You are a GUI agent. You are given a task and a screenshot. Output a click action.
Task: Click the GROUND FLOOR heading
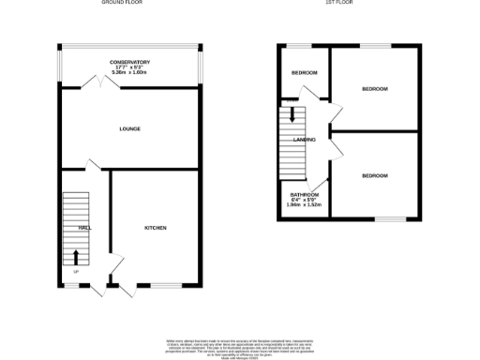[128, 4]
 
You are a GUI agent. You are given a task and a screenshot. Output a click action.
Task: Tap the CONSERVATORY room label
[129, 62]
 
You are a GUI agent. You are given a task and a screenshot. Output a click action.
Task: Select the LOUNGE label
[129, 128]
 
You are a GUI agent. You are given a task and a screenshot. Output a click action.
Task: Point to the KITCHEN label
[156, 228]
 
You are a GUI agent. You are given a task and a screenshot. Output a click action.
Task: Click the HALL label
[84, 228]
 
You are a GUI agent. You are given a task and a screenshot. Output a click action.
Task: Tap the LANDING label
[304, 140]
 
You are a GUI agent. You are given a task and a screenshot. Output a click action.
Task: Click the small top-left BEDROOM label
[304, 73]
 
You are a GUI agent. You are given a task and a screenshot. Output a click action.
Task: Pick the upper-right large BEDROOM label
[375, 88]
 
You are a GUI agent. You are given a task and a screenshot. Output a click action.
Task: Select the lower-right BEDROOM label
[375, 175]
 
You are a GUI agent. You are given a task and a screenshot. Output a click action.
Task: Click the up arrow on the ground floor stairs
[76, 256]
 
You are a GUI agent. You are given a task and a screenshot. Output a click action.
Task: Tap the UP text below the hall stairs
[76, 272]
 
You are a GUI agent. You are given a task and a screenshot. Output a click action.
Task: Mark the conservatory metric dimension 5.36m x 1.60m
[129, 73]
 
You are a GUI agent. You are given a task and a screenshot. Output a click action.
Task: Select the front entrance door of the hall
[97, 289]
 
